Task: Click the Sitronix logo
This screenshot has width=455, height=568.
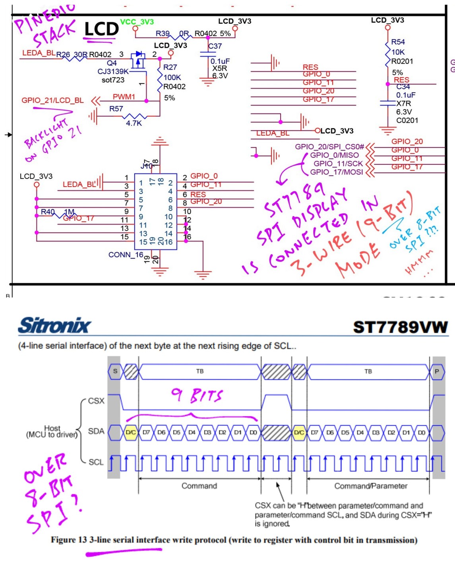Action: pos(54,325)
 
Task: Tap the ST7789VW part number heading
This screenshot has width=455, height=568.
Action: pos(400,327)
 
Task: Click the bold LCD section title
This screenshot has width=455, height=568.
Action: pos(101,29)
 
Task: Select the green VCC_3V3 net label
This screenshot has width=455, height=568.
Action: pos(137,22)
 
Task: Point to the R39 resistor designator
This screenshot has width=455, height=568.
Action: pos(163,34)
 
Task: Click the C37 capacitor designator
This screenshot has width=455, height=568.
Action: pos(215,46)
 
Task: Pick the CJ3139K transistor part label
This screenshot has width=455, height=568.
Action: pos(113,71)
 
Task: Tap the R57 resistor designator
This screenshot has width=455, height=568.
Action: pos(116,109)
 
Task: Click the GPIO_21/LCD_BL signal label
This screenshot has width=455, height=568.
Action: pos(52,100)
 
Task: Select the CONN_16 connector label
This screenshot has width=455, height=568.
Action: pos(126,255)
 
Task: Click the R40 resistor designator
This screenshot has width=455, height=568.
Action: pos(48,212)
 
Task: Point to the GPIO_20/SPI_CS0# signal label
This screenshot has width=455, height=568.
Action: pos(329,147)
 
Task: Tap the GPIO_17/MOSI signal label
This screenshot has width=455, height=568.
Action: pos(337,172)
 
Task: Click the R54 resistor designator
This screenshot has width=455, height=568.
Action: pos(398,42)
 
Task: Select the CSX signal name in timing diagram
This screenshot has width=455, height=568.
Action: pos(96,401)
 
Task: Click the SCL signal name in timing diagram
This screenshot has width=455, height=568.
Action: pos(96,462)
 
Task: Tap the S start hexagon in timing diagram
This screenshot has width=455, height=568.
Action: pos(115,371)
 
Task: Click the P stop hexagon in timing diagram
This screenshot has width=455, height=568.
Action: pos(437,371)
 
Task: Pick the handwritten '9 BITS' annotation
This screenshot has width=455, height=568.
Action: pos(197,395)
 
